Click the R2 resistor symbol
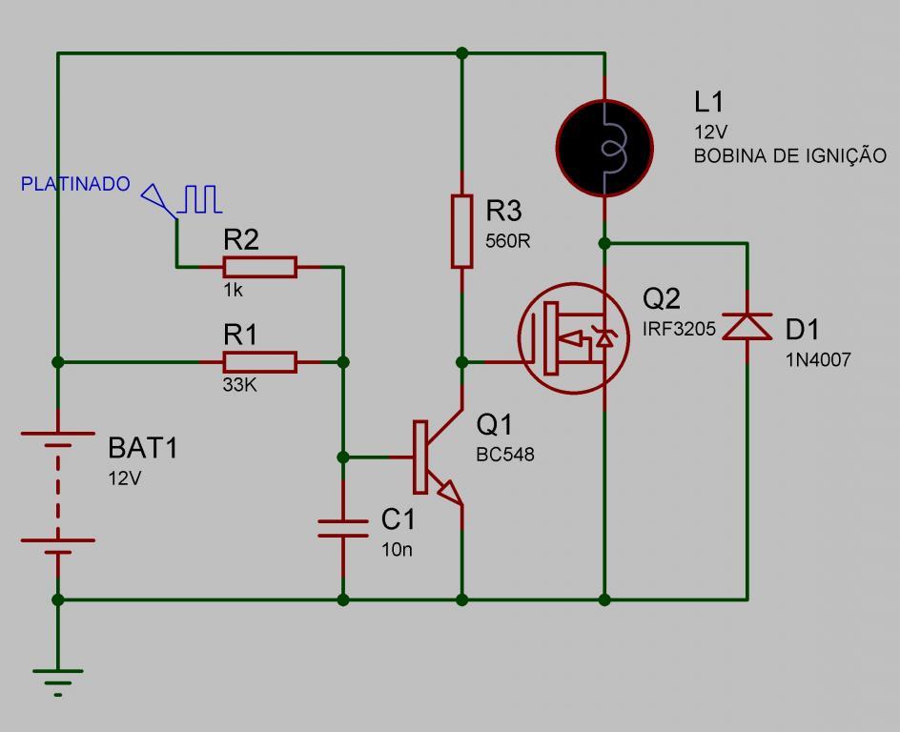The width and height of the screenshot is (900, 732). pyautogui.click(x=259, y=267)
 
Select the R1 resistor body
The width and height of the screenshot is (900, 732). pyautogui.click(x=259, y=362)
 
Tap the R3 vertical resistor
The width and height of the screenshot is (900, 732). pyautogui.click(x=462, y=232)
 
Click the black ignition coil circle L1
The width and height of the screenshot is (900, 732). pyautogui.click(x=604, y=149)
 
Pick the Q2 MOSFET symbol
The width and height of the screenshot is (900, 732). pyautogui.click(x=574, y=338)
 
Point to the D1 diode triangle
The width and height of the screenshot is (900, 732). pyautogui.click(x=747, y=326)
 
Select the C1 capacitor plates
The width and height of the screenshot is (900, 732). pyautogui.click(x=342, y=528)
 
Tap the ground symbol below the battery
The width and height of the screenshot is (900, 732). pyautogui.click(x=58, y=682)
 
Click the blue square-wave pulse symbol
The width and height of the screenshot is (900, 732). pyautogui.click(x=199, y=199)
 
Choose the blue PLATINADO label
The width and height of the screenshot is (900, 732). pyautogui.click(x=75, y=184)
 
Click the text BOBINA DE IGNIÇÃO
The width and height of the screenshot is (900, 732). pyautogui.click(x=789, y=155)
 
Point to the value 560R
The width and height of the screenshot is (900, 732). pyautogui.click(x=508, y=241)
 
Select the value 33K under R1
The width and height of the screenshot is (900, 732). pyautogui.click(x=240, y=384)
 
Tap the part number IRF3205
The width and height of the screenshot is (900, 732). pyautogui.click(x=679, y=329)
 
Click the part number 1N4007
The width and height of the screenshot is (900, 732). pyautogui.click(x=818, y=359)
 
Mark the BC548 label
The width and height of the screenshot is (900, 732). pyautogui.click(x=505, y=455)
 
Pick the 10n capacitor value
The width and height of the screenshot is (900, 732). pyautogui.click(x=398, y=550)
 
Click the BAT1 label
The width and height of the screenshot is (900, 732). pyautogui.click(x=143, y=447)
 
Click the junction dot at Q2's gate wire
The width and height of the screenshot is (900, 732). pyautogui.click(x=462, y=362)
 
